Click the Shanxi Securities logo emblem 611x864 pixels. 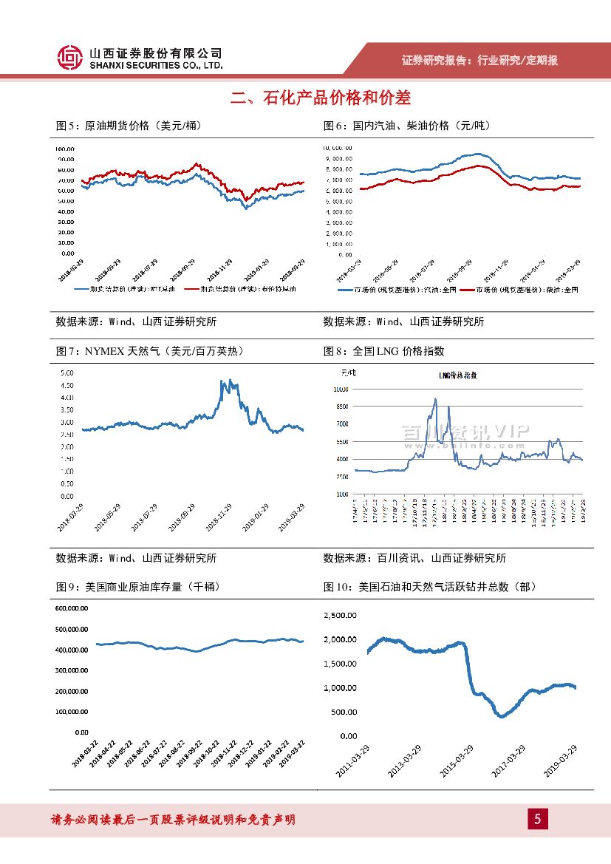[69, 57]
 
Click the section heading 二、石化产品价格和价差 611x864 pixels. [320, 98]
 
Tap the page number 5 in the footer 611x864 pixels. [537, 819]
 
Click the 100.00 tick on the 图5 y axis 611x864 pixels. [65, 149]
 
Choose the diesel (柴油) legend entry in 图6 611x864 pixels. [521, 290]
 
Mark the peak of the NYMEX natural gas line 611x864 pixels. [222, 381]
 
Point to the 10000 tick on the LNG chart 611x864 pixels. [341, 389]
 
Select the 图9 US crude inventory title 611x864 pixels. [137, 587]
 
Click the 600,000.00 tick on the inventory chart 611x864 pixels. [72, 608]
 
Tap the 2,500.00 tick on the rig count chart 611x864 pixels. [340, 615]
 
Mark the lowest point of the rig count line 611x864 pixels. [502, 716]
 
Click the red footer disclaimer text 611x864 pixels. [173, 820]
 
